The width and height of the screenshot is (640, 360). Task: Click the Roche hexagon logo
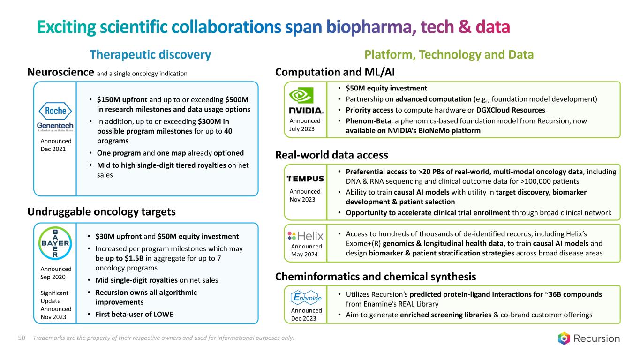(x=55, y=111)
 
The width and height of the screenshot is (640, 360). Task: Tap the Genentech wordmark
(x=55, y=126)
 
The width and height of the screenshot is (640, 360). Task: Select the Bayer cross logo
(x=55, y=243)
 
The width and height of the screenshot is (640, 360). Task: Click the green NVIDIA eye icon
(x=301, y=96)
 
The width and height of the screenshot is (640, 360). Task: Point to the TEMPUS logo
(x=305, y=179)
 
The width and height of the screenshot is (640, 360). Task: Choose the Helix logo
(x=305, y=236)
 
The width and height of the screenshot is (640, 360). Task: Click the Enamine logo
(x=306, y=298)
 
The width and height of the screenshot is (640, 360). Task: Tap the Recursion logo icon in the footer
(x=564, y=338)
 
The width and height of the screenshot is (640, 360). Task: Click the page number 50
(x=22, y=338)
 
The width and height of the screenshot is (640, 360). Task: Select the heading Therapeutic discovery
(x=151, y=54)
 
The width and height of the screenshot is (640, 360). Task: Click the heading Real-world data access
(x=331, y=155)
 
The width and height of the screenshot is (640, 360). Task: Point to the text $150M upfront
(x=122, y=100)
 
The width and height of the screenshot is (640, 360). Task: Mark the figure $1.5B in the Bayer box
(x=134, y=258)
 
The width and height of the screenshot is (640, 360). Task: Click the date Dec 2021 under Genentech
(x=53, y=149)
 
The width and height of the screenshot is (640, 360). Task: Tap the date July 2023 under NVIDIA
(x=302, y=129)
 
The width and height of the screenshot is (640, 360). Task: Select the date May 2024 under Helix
(x=304, y=254)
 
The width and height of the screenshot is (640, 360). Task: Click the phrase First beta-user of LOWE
(x=134, y=314)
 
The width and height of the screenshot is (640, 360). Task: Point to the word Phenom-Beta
(x=368, y=121)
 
